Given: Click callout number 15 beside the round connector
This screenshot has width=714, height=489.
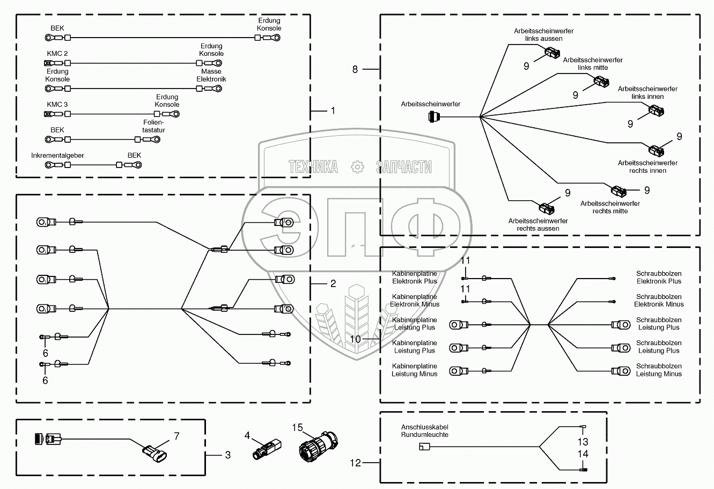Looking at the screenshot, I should click(x=298, y=427).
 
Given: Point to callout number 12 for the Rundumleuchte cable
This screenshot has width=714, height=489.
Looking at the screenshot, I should click(x=355, y=462).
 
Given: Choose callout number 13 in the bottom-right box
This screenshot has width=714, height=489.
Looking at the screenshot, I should click(x=583, y=442).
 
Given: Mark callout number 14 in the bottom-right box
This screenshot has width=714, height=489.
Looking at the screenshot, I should click(x=583, y=454).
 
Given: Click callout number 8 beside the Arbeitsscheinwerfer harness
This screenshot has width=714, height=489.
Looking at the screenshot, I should click(x=355, y=69).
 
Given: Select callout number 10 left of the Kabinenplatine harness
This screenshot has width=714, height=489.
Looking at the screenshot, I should click(x=355, y=339).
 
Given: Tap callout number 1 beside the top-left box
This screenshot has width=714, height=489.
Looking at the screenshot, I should click(x=333, y=111).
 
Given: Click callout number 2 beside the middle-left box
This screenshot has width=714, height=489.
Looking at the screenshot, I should click(x=333, y=283).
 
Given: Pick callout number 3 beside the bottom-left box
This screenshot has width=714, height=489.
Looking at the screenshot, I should click(x=227, y=455).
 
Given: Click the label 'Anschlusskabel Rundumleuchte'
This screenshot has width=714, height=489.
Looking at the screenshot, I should click(x=424, y=431).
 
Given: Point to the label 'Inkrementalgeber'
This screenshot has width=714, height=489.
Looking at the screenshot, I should click(x=57, y=155).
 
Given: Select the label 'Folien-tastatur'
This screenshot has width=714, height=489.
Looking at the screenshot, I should click(x=154, y=126).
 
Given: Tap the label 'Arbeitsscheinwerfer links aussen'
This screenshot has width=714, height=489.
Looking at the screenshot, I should click(x=543, y=35).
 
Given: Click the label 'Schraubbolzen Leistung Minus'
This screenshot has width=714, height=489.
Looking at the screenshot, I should click(x=659, y=370).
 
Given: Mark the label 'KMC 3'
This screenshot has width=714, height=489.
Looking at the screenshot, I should click(x=57, y=104).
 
